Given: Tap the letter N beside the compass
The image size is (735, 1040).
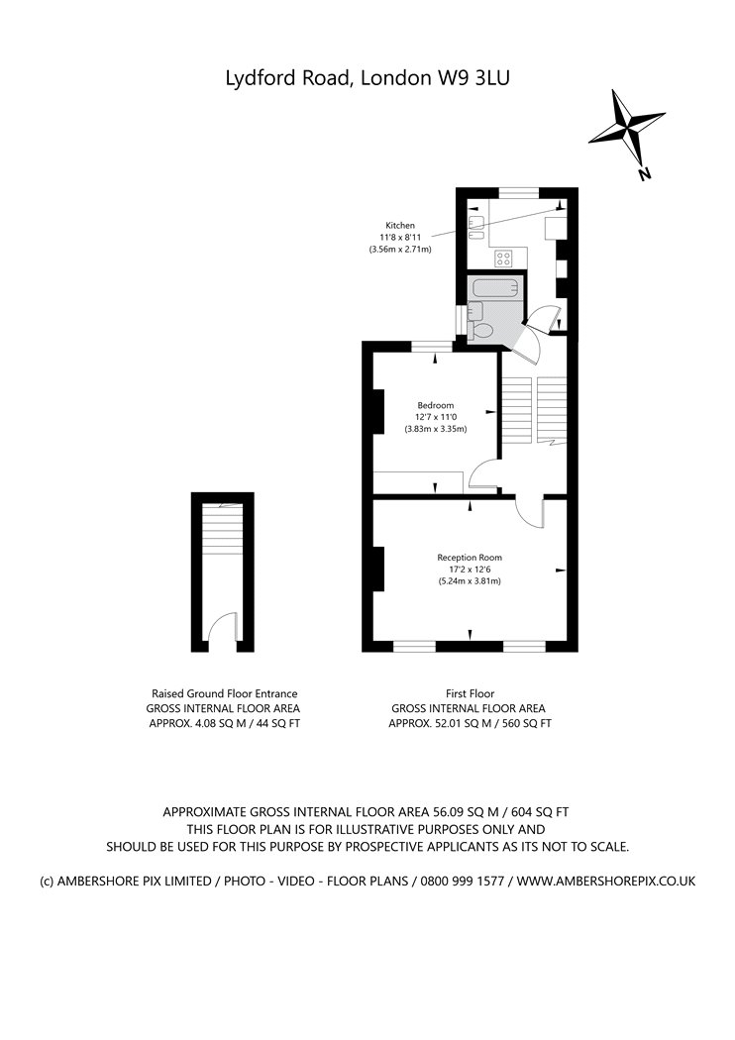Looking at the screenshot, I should [644, 175].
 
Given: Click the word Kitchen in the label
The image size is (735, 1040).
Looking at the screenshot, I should [400, 226].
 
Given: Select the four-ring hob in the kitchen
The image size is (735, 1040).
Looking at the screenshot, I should [504, 259].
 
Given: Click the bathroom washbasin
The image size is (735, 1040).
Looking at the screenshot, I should [477, 310].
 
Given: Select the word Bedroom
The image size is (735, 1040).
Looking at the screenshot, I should [435, 405].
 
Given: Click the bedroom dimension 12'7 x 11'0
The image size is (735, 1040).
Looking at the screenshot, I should [435, 417].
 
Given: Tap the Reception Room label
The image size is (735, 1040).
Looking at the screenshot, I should [470, 558].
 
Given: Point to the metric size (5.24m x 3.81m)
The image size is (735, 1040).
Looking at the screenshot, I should [470, 581].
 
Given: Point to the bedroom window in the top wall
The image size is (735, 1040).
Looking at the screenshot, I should [430, 346].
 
